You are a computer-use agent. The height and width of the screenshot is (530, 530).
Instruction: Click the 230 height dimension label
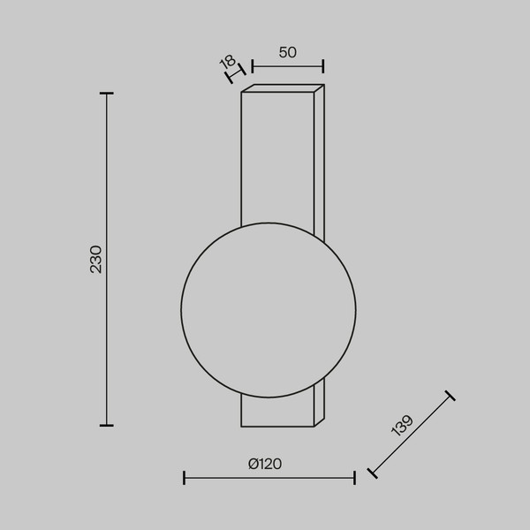point(96,259)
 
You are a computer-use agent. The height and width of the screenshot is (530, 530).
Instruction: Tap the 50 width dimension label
point(288,52)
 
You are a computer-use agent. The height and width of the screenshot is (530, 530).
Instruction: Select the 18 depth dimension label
point(227,63)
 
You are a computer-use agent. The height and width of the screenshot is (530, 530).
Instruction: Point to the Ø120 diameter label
point(265,464)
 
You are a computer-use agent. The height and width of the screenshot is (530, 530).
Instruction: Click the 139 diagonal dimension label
point(401,427)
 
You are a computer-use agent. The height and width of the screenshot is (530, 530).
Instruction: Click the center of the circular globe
point(269,310)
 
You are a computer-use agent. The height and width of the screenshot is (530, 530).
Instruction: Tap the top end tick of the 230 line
point(107,93)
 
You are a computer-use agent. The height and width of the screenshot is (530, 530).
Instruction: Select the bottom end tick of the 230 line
point(107,425)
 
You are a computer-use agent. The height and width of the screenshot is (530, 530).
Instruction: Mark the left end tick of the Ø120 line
point(184,478)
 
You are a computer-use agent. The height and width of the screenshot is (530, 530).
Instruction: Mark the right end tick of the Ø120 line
point(354,478)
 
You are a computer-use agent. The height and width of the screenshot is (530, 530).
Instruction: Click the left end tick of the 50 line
point(252,66)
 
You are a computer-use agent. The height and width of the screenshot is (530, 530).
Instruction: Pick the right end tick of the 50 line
point(323,66)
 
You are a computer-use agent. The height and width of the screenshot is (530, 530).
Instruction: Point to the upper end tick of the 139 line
point(450,396)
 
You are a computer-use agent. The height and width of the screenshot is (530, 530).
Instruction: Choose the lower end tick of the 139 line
point(372,473)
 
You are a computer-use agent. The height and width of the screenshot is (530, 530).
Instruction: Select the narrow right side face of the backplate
point(319,159)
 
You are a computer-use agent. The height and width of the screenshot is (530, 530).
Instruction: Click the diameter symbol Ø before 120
point(253,464)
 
